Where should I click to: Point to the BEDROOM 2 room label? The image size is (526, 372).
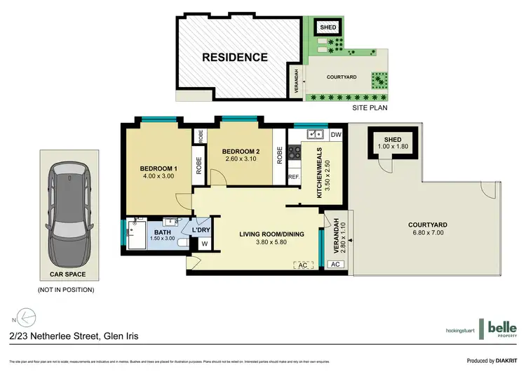(x=241, y=152)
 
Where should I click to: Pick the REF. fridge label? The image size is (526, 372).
(x=294, y=177)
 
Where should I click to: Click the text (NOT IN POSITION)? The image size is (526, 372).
(x=65, y=289)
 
